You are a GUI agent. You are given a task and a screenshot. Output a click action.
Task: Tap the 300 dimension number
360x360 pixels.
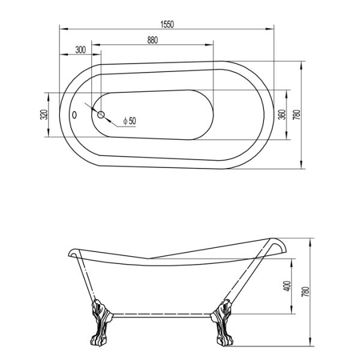coord(80,50)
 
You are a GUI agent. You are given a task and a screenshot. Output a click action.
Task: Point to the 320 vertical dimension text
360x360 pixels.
coord(43,115)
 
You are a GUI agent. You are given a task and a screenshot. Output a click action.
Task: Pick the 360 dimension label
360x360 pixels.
coord(281,114)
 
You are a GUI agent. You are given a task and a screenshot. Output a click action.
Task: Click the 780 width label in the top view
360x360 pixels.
coord(296,114)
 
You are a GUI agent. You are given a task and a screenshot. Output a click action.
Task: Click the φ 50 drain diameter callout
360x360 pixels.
coord(129,121)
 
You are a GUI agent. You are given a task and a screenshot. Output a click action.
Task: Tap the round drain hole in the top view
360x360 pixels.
coord(101,114)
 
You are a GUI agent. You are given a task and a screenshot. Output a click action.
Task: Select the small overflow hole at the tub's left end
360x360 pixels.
coord(74,114)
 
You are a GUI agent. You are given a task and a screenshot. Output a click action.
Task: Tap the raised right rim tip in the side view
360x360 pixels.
coord(277,244)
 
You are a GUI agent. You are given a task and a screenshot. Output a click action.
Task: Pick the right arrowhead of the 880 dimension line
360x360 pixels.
coord(212,43)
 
